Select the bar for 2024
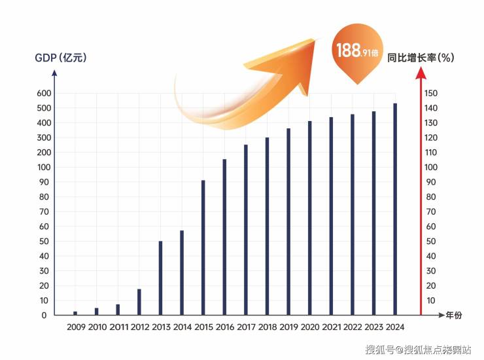click(394, 209)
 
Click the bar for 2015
click(203, 247)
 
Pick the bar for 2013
click(160, 278)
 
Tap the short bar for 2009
click(75, 313)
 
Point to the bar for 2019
click(288, 221)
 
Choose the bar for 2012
click(139, 301)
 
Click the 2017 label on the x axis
click(247, 327)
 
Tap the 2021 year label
click(332, 327)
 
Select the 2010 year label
click(97, 327)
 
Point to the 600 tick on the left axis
click(42, 93)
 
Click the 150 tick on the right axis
click(430, 93)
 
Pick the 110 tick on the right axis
click(430, 153)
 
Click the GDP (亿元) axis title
click(60, 58)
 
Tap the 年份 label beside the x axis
click(453, 315)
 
